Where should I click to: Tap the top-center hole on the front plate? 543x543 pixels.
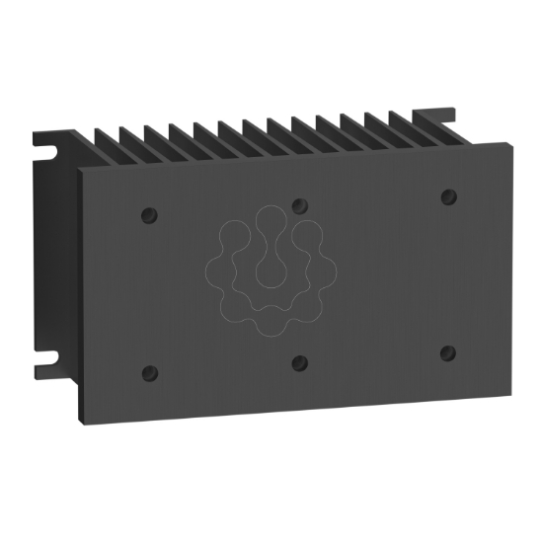click(x=300, y=205)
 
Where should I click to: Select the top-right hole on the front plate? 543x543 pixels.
click(x=448, y=195)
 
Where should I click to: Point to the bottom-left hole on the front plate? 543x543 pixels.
click(x=150, y=373)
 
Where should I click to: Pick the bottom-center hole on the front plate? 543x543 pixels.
click(x=300, y=362)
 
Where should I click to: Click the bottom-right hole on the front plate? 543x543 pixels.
click(x=447, y=352)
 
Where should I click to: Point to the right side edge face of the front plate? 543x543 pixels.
click(x=509, y=267)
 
